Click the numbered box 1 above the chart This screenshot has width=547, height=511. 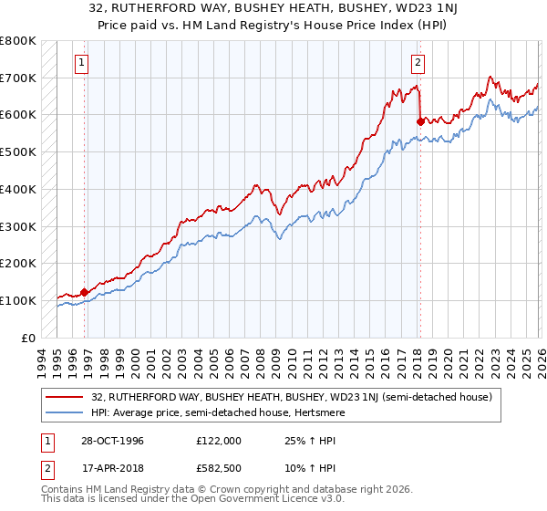tap(82, 63)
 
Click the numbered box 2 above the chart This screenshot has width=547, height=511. tap(418, 63)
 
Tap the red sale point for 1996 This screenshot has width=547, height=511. tap(85, 292)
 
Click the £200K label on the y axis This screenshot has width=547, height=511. tap(18, 263)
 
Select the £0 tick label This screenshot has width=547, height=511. tap(27, 338)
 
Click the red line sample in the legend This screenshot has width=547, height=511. tap(65, 397)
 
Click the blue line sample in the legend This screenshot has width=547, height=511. tap(65, 413)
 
